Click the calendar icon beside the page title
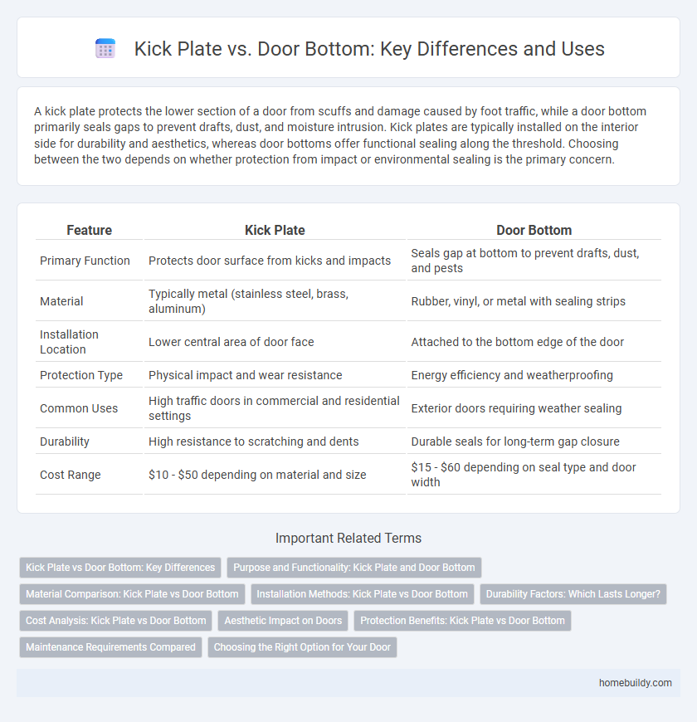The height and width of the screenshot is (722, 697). point(105,49)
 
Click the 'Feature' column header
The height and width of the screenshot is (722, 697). point(89,230)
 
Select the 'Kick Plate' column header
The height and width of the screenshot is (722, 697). point(275,230)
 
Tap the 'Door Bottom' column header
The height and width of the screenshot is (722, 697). point(534,230)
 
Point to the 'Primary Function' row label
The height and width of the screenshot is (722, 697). point(85,261)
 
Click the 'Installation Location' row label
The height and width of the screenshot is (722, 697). point(69,342)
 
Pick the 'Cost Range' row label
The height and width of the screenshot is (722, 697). point(71,475)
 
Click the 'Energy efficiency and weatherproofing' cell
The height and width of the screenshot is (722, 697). point(512,375)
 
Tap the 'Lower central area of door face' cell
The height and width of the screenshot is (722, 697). point(232,342)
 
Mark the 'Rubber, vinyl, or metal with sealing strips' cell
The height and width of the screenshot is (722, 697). point(519,302)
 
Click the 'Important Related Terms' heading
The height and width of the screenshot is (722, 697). point(348,539)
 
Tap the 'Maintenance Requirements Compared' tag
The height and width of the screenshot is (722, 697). point(110,647)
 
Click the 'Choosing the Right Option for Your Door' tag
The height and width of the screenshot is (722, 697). point(302,647)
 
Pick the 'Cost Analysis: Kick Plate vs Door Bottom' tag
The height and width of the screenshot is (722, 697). point(116,621)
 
